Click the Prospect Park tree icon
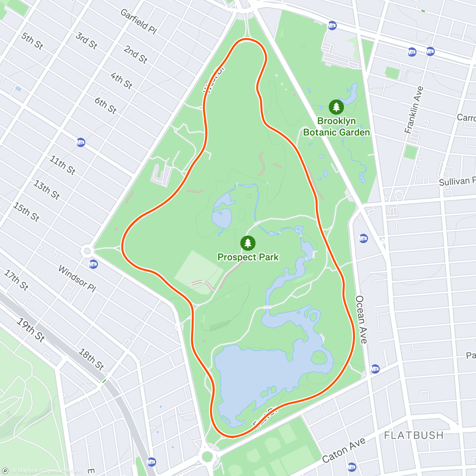(248, 243)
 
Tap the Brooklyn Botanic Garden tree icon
(336, 107)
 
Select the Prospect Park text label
(248, 257)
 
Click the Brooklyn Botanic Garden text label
(336, 127)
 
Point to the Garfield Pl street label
(139, 21)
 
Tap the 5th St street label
(32, 41)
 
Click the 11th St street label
(62, 165)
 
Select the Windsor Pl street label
(77, 279)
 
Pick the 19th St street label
(31, 330)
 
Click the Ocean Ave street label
(361, 319)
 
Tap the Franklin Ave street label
(414, 109)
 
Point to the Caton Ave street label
(344, 450)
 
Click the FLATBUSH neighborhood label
(414, 435)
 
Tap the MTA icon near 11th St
(81, 142)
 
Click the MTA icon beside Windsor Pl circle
(94, 264)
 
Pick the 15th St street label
(26, 212)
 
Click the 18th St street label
(91, 359)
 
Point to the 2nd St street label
(136, 55)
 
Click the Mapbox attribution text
(25, 471)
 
